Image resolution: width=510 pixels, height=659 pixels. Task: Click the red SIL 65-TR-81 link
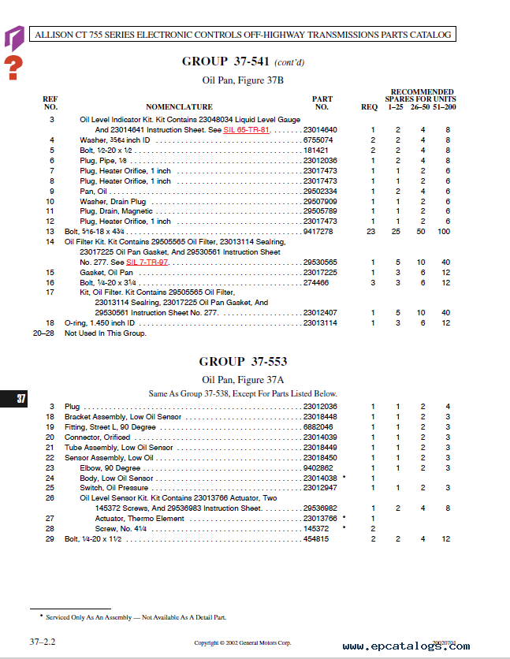[247, 129]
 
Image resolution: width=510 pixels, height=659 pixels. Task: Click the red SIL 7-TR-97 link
[147, 262]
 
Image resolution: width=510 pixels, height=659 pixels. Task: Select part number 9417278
[320, 232]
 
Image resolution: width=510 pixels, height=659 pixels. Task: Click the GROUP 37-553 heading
[243, 362]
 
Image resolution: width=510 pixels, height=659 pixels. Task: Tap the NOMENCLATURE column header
[179, 106]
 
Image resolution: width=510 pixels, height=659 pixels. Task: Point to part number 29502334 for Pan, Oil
[320, 191]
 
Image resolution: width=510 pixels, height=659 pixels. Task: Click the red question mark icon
[13, 67]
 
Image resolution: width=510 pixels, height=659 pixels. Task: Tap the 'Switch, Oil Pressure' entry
[114, 488]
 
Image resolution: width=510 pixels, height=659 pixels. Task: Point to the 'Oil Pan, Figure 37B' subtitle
[243, 80]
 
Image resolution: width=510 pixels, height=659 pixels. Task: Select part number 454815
[318, 539]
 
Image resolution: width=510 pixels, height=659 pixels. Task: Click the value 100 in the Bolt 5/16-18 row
[445, 232]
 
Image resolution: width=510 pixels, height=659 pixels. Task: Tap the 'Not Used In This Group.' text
[106, 333]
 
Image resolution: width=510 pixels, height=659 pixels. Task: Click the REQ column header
[369, 106]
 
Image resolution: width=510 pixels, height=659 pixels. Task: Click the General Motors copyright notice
[243, 643]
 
